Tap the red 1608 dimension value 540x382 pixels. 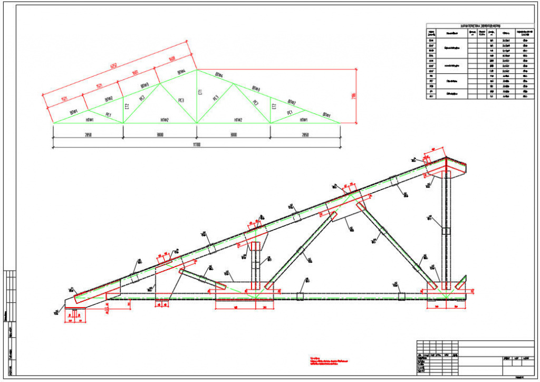point(172,59)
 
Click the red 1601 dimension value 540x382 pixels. point(135,73)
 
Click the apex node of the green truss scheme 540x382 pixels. point(197,69)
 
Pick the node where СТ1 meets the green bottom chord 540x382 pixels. point(197,123)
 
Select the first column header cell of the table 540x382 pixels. point(432,33)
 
